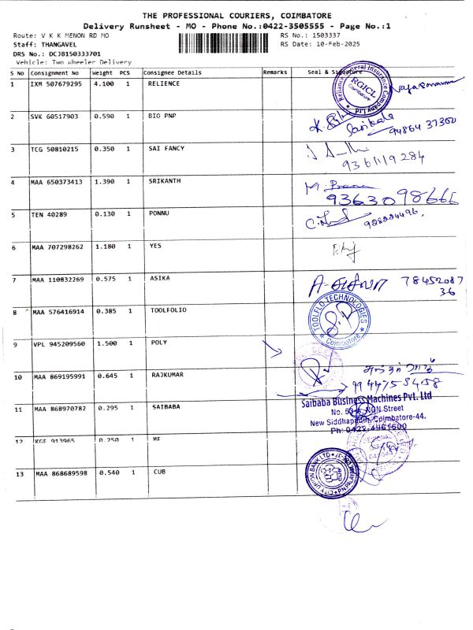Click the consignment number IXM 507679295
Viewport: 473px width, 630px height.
pyautogui.click(x=55, y=83)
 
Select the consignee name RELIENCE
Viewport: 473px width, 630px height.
pyautogui.click(x=164, y=83)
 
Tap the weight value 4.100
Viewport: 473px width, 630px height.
pyautogui.click(x=104, y=83)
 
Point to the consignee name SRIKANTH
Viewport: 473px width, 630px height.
pyautogui.click(x=165, y=181)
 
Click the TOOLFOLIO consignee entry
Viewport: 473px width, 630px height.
pyautogui.click(x=168, y=311)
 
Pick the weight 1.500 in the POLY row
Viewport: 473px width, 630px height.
pyautogui.click(x=106, y=344)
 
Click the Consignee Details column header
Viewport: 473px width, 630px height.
pyautogui.click(x=173, y=72)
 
